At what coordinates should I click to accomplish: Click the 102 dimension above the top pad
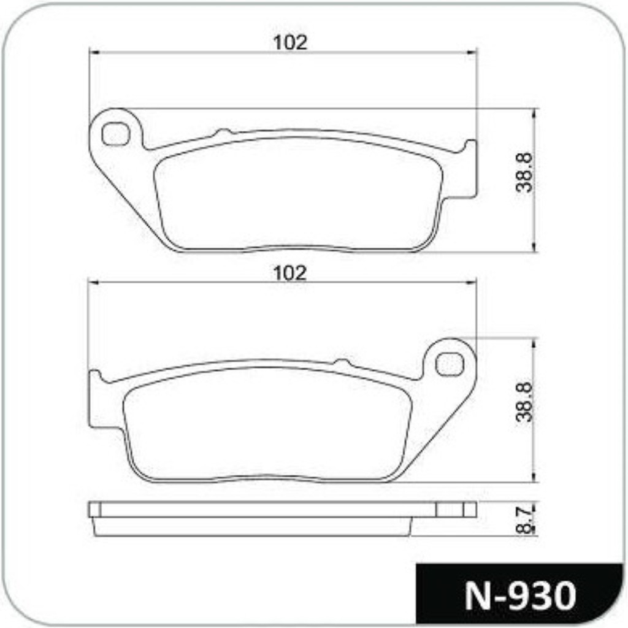290,42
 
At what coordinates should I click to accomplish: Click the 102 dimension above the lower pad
290,273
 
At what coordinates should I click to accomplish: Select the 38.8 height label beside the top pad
524,172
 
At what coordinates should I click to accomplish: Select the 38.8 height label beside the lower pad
524,402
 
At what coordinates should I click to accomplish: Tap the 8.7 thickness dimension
525,519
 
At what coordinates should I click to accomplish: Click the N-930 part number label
520,596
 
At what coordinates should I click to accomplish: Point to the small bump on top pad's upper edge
223,132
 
